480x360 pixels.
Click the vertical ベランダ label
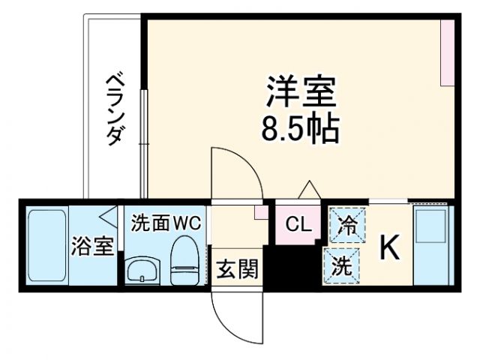click(113, 108)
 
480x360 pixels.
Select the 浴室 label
click(93, 247)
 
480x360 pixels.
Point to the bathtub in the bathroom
click(48, 246)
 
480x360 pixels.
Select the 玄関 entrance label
click(237, 267)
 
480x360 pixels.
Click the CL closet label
click(298, 224)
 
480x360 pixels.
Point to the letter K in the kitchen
click(390, 247)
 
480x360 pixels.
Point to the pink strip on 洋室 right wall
click(448, 52)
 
